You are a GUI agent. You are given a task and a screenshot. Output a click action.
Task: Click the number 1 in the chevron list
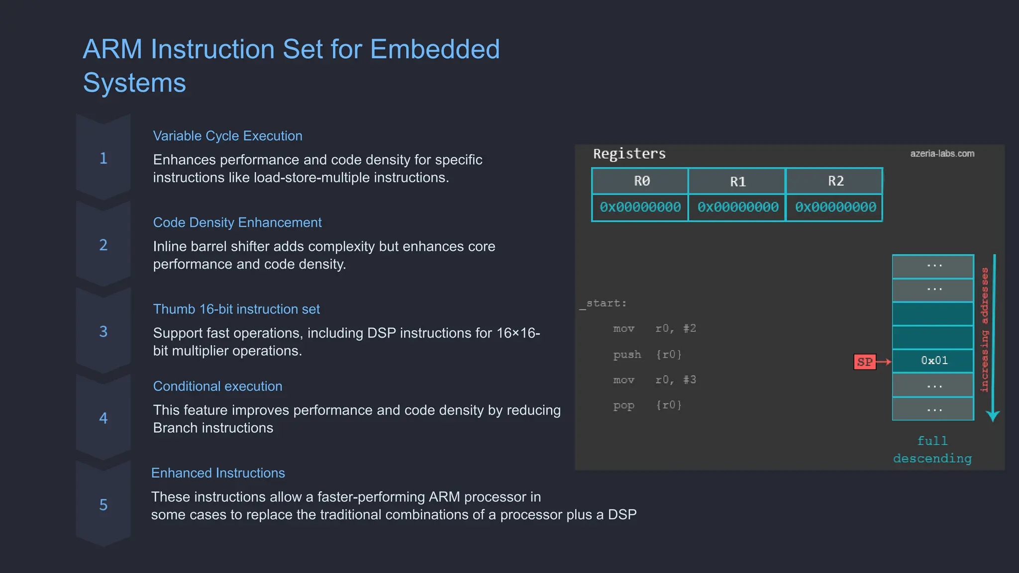(103, 158)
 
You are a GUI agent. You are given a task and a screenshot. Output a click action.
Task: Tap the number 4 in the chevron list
(103, 418)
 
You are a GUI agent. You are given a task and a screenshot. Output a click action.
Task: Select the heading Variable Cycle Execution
(227, 136)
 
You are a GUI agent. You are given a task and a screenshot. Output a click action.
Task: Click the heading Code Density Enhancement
(237, 222)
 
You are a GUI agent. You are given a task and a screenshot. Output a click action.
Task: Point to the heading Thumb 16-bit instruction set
(236, 309)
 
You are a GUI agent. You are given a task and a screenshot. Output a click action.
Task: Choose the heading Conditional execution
(217, 386)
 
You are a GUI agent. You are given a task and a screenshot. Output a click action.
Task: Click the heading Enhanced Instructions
(218, 473)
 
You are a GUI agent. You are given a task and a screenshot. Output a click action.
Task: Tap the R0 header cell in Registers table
(641, 181)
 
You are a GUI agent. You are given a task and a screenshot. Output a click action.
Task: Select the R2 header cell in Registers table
(835, 181)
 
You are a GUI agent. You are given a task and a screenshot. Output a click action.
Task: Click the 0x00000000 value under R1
(737, 207)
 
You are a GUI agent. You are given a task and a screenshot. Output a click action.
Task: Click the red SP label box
(864, 362)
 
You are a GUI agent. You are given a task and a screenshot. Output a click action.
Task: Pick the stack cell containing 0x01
(933, 361)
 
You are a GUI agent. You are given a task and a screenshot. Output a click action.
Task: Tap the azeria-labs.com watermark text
(942, 154)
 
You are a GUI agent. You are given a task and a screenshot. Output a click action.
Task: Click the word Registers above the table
(629, 154)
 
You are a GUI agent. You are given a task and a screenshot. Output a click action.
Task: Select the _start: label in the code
(603, 303)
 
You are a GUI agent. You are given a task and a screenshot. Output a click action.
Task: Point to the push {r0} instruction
(647, 355)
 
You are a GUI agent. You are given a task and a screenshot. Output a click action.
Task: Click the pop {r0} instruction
(647, 405)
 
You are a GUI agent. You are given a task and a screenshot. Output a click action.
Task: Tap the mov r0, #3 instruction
(654, 380)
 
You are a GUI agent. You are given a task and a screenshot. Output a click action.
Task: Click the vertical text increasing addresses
(984, 330)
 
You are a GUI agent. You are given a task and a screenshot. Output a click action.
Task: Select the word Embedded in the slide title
(434, 49)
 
